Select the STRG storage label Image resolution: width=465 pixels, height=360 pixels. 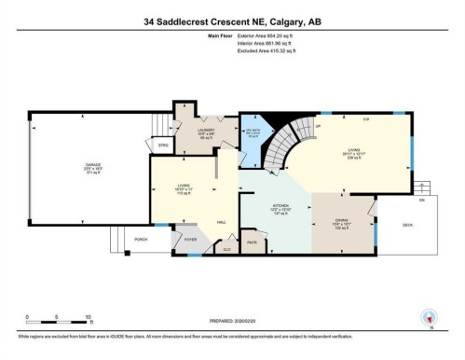(162, 145)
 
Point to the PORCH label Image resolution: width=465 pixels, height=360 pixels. (141, 241)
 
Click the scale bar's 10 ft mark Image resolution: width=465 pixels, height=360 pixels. (87, 318)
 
